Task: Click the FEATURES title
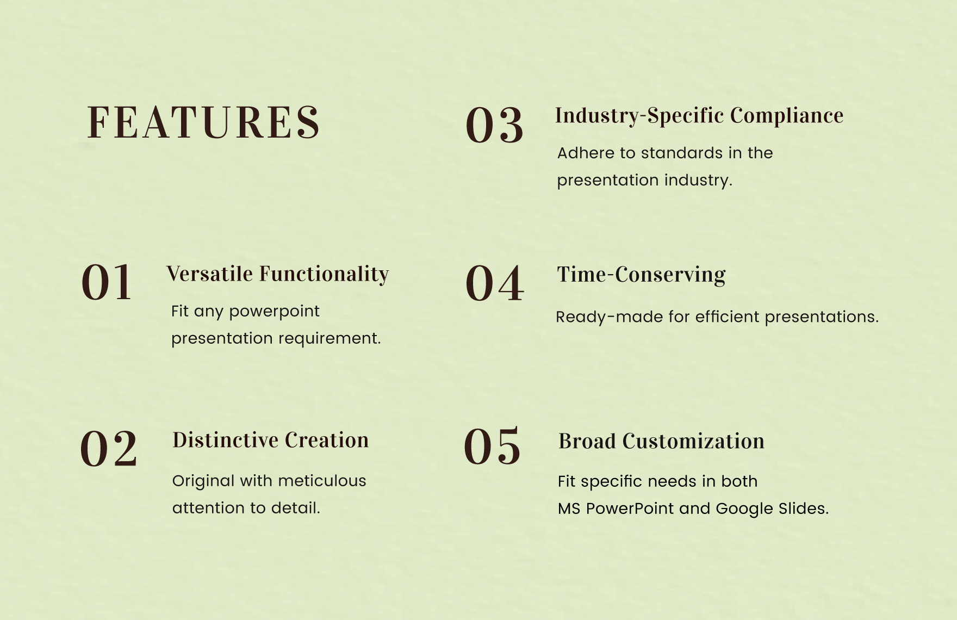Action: pos(203,123)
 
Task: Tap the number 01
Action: pos(107,283)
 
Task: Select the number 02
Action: pos(109,449)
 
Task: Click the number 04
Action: pos(494,284)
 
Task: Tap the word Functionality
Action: pos(324,274)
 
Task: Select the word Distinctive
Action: pos(225,441)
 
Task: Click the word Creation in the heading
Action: pos(327,441)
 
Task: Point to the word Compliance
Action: pos(787,116)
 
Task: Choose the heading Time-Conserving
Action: pos(641,275)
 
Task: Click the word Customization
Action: pos(693,442)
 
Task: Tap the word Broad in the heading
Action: pos(587,442)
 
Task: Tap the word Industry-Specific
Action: pos(639,116)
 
